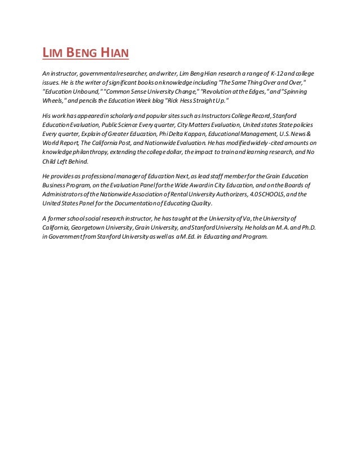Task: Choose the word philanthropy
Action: click(89, 152)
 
